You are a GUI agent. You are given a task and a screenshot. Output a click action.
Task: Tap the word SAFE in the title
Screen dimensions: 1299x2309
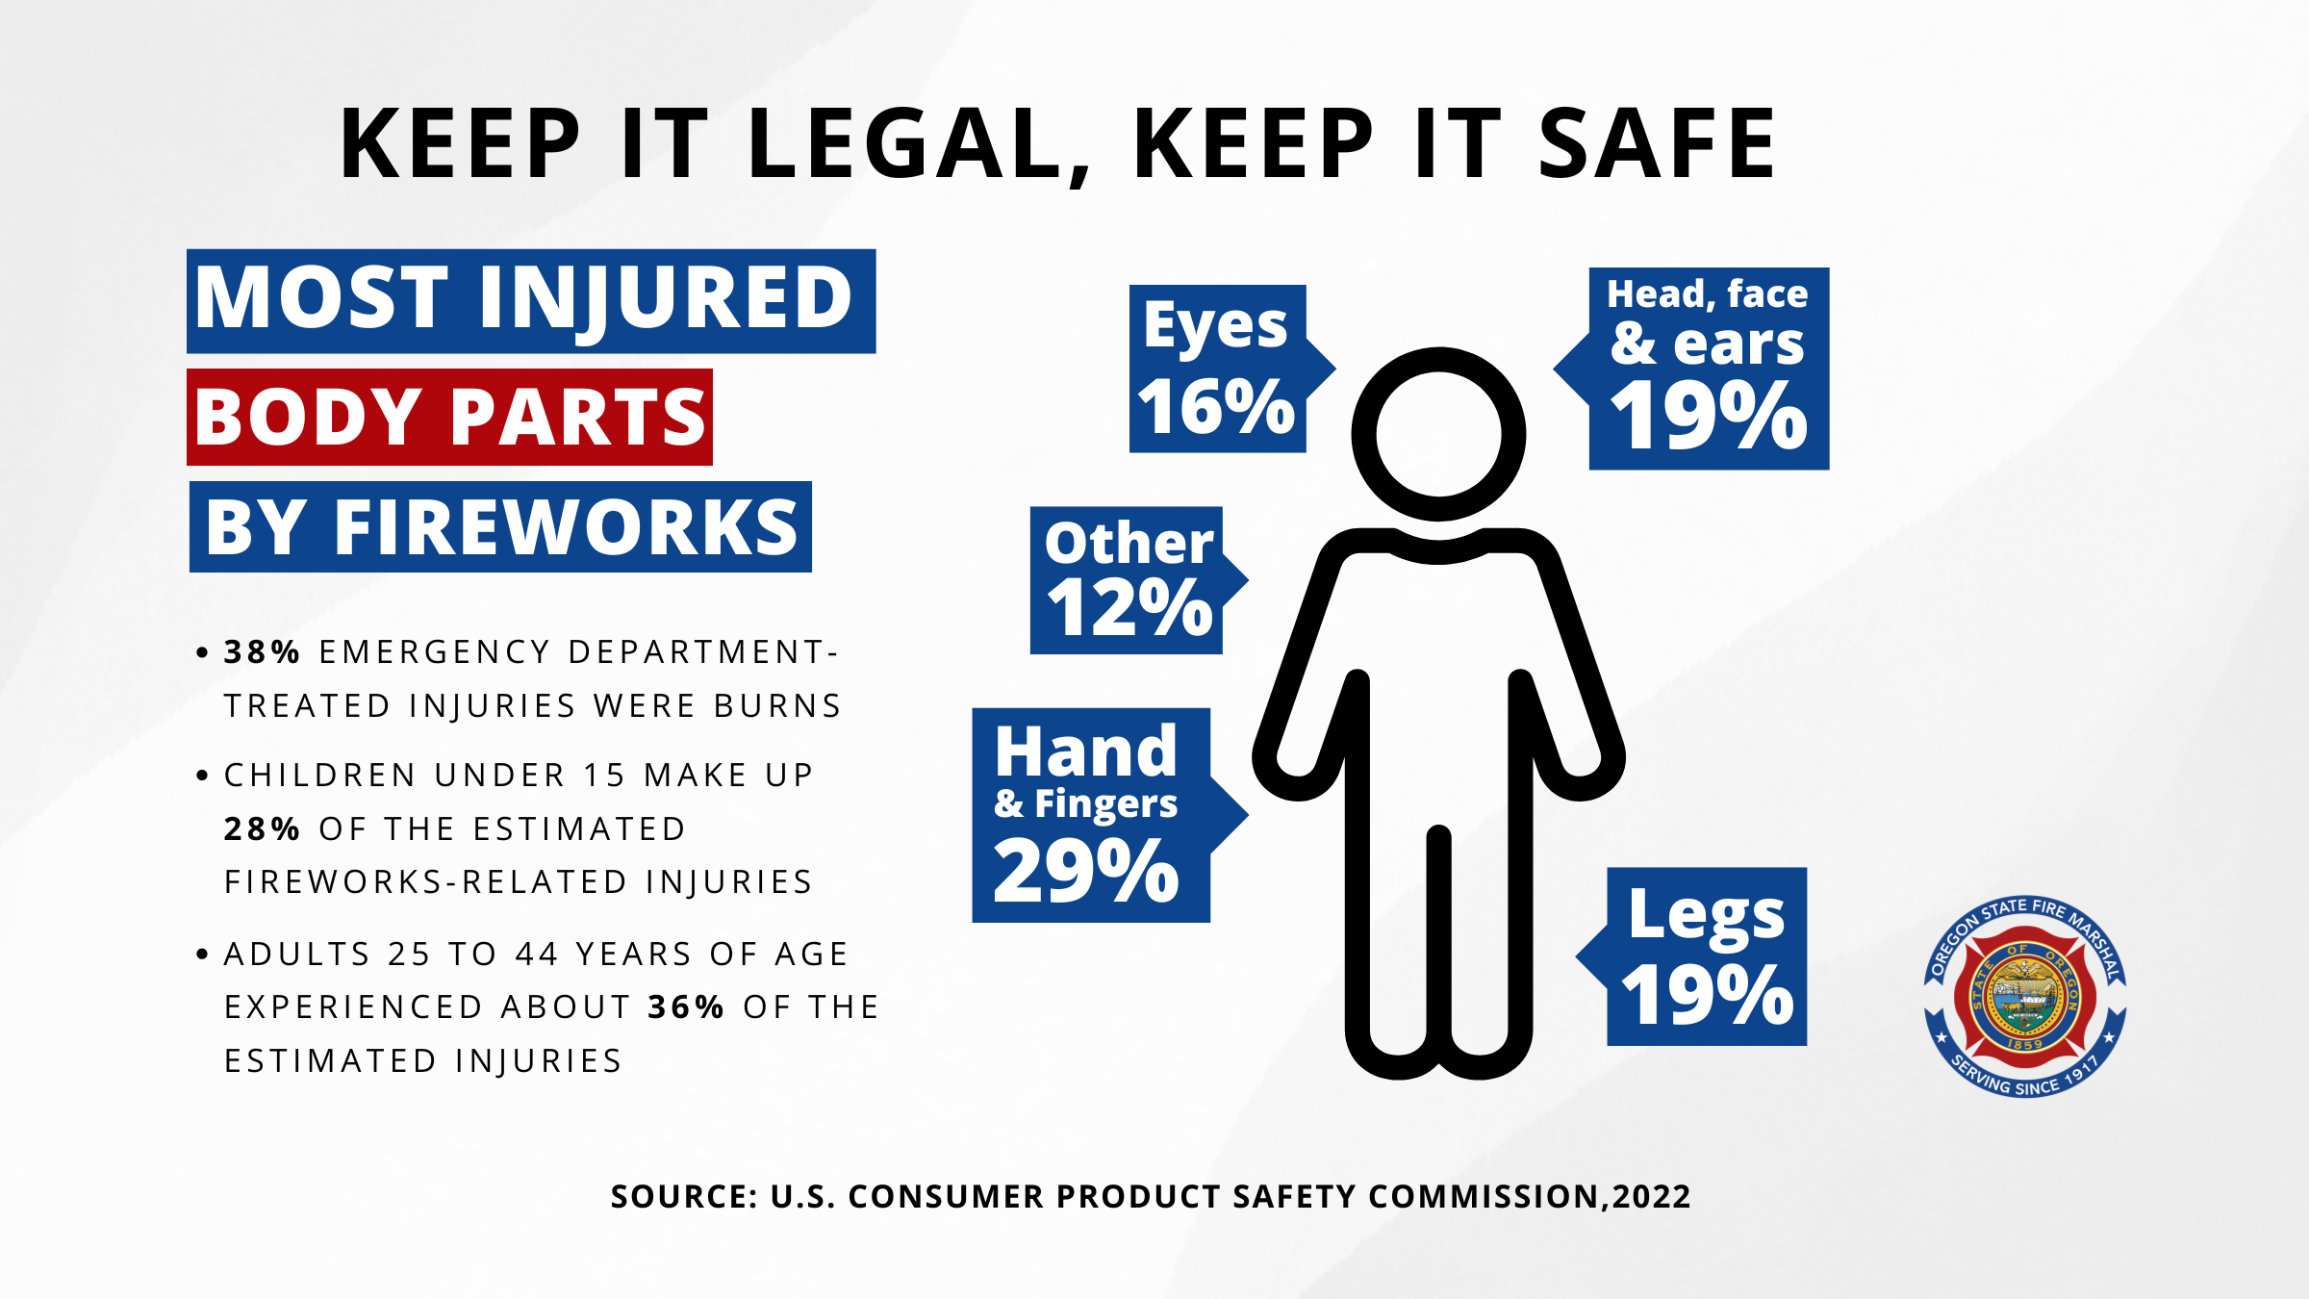[1657, 144]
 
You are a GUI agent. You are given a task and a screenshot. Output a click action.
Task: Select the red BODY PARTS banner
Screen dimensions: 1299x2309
[450, 418]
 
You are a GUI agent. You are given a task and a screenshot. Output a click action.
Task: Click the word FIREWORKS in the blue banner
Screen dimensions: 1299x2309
[566, 527]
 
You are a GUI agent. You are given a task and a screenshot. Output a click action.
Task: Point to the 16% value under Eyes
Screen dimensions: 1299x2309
[1216, 407]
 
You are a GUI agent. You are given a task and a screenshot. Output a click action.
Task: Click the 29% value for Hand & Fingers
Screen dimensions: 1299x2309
[1086, 871]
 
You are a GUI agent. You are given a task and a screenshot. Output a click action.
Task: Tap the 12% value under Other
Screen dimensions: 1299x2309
[1129, 608]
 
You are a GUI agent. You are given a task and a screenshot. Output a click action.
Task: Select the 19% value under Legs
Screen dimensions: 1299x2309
[1707, 996]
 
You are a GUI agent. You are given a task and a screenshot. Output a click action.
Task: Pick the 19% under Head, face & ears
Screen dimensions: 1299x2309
[1709, 416]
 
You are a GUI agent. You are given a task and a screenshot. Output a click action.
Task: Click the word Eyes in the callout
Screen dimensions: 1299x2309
[1215, 327]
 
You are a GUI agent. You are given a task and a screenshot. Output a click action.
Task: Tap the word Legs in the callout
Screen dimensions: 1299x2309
[1706, 914]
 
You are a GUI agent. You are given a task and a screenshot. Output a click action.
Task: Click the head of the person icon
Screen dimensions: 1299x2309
[1438, 434]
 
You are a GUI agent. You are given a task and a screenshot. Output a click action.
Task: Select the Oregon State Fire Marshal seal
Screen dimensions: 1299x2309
[2024, 996]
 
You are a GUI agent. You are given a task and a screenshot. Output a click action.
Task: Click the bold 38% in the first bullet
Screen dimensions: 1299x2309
[262, 652]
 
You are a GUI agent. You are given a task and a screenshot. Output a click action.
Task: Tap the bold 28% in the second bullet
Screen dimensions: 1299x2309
[262, 829]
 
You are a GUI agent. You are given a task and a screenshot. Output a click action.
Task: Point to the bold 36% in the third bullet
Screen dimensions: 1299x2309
[686, 1007]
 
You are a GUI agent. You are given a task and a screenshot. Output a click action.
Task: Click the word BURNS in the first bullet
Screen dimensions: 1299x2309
[777, 706]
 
